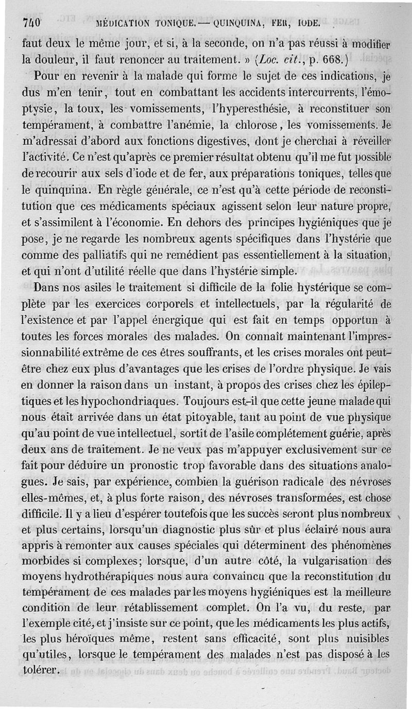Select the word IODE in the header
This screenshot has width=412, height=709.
[x=307, y=23]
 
